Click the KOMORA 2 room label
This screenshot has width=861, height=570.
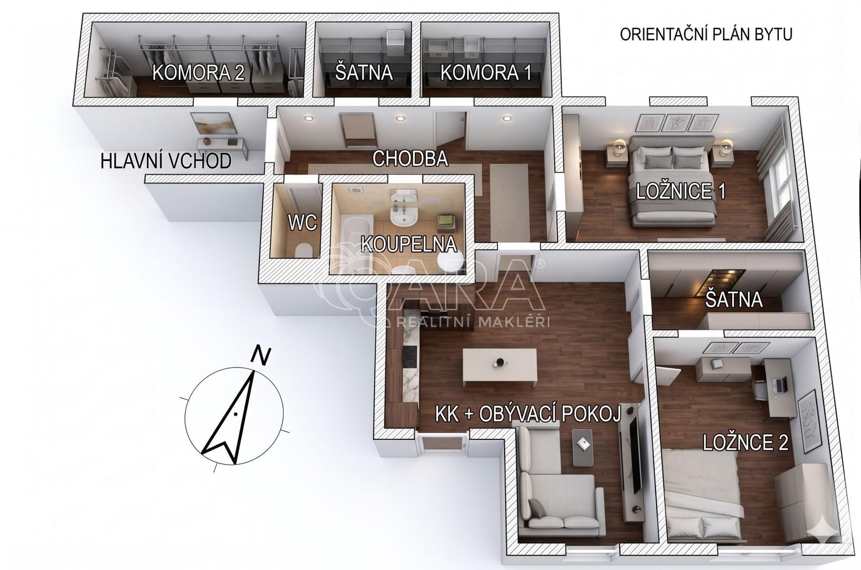(x=198, y=73)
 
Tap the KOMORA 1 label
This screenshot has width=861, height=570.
(x=486, y=73)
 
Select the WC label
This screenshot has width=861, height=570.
(x=302, y=222)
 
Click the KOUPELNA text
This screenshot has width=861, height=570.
(x=409, y=244)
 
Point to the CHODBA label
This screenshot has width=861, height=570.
(x=410, y=159)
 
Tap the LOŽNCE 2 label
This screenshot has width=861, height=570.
(x=745, y=442)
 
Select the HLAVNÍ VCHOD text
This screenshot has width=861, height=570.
(x=166, y=161)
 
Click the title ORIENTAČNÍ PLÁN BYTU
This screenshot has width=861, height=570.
(x=706, y=35)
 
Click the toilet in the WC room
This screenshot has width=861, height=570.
(x=302, y=250)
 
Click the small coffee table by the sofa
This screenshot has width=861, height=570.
(x=583, y=447)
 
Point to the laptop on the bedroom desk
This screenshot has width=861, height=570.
(x=779, y=384)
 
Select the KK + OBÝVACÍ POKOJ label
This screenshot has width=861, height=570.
(x=528, y=414)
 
